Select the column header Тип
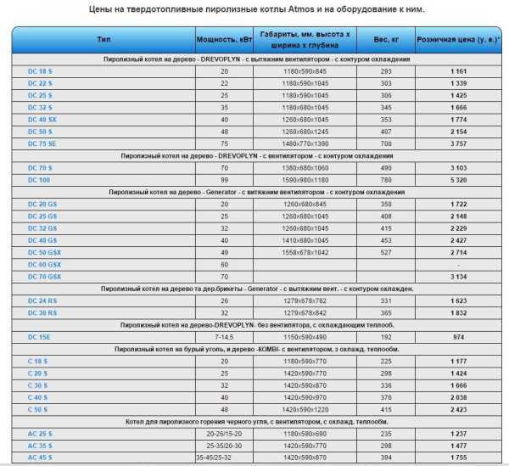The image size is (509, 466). [x=104, y=39]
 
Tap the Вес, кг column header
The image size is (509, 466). [x=386, y=39]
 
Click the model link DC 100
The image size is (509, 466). [x=29, y=180]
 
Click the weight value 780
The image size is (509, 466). [x=386, y=180]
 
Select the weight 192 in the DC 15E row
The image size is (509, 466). [x=386, y=336]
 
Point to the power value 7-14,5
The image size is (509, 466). [x=224, y=336]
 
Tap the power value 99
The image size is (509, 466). [x=224, y=180]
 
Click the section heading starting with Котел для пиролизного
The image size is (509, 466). [x=255, y=421]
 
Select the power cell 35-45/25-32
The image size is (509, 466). [x=224, y=458]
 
